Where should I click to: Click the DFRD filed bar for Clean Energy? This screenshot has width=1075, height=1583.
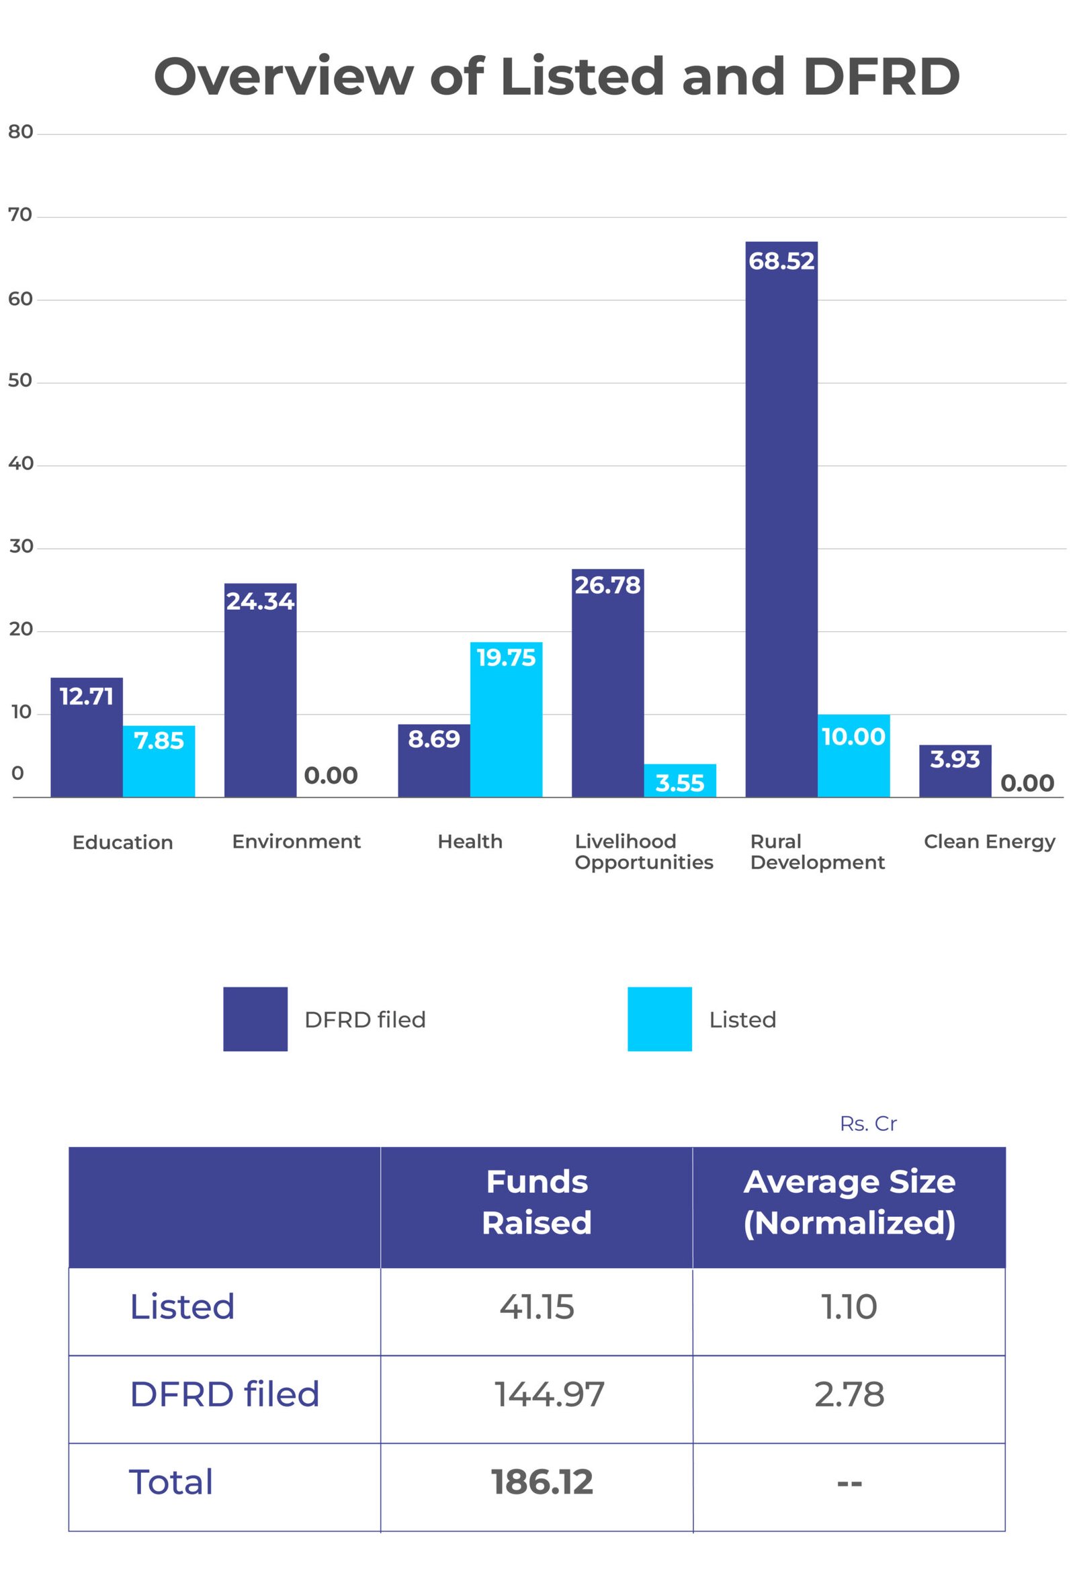pyautogui.click(x=955, y=771)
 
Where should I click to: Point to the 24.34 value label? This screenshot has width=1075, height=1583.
pyautogui.click(x=260, y=602)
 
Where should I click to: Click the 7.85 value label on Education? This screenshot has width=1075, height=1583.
pyautogui.click(x=159, y=740)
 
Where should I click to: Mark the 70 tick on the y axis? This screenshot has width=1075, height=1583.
pyautogui.click(x=20, y=215)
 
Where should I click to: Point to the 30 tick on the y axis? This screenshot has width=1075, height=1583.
pyautogui.click(x=21, y=546)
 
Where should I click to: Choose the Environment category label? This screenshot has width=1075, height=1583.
pyautogui.click(x=296, y=842)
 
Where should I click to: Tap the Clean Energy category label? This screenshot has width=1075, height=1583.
pyautogui.click(x=988, y=842)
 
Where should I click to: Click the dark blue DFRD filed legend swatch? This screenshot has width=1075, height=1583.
pyautogui.click(x=255, y=1019)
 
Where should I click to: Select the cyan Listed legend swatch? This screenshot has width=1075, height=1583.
pyautogui.click(x=659, y=1019)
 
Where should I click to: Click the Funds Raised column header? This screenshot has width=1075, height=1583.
pyautogui.click(x=537, y=1202)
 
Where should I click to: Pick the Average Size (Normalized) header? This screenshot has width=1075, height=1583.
pyautogui.click(x=849, y=1202)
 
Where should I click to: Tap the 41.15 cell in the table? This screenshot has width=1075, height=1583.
pyautogui.click(x=537, y=1307)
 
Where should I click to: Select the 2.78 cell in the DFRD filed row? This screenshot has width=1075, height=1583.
pyautogui.click(x=849, y=1395)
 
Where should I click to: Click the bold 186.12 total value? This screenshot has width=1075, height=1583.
pyautogui.click(x=542, y=1483)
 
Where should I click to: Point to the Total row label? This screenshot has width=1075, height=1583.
pyautogui.click(x=171, y=1483)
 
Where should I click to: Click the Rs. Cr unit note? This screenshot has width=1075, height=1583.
pyautogui.click(x=868, y=1124)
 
